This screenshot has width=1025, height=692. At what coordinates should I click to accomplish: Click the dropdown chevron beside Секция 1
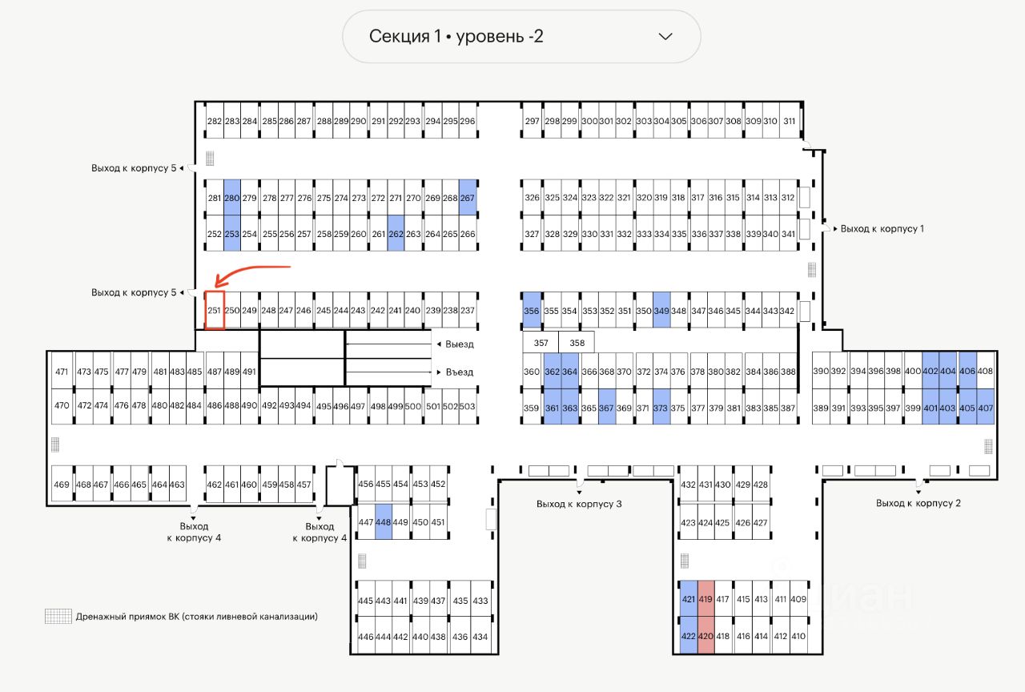(665, 36)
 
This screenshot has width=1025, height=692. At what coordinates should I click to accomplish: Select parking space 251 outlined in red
(214, 311)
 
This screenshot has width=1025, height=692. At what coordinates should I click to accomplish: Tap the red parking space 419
(705, 599)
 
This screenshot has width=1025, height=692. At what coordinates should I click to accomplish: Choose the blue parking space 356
(531, 311)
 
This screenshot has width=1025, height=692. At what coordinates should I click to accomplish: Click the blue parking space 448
(383, 522)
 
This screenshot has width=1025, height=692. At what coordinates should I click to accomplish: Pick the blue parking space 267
(468, 198)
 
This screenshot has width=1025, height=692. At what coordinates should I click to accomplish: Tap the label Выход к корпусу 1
(882, 229)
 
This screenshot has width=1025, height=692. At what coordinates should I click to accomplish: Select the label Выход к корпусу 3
(579, 504)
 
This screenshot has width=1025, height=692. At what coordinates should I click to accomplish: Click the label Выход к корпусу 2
(918, 503)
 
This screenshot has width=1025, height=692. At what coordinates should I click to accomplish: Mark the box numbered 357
(541, 343)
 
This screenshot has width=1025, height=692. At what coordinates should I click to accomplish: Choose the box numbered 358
(577, 343)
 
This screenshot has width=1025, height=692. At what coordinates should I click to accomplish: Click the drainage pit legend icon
(58, 617)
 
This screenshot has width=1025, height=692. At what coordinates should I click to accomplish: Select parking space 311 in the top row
(790, 122)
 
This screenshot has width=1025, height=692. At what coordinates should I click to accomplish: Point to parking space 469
(62, 485)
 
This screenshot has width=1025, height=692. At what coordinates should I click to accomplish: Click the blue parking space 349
(661, 311)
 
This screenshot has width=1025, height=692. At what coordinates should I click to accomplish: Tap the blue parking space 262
(396, 234)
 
